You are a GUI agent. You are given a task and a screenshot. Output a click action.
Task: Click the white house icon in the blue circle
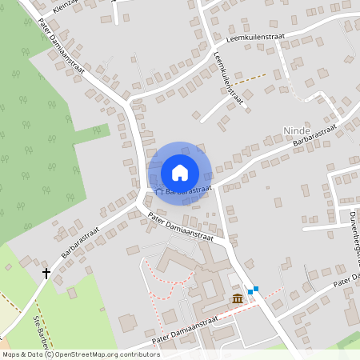click(x=179, y=172)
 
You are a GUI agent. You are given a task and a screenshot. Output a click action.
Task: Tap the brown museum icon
click(x=238, y=298)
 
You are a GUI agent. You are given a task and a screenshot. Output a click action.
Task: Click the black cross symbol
click(x=46, y=274)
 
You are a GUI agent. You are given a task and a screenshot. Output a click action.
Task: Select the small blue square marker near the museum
click(x=250, y=291)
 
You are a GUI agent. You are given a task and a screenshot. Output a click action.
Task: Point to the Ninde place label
click(x=295, y=129)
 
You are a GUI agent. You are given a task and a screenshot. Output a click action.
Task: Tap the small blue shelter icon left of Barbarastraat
click(x=158, y=191)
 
